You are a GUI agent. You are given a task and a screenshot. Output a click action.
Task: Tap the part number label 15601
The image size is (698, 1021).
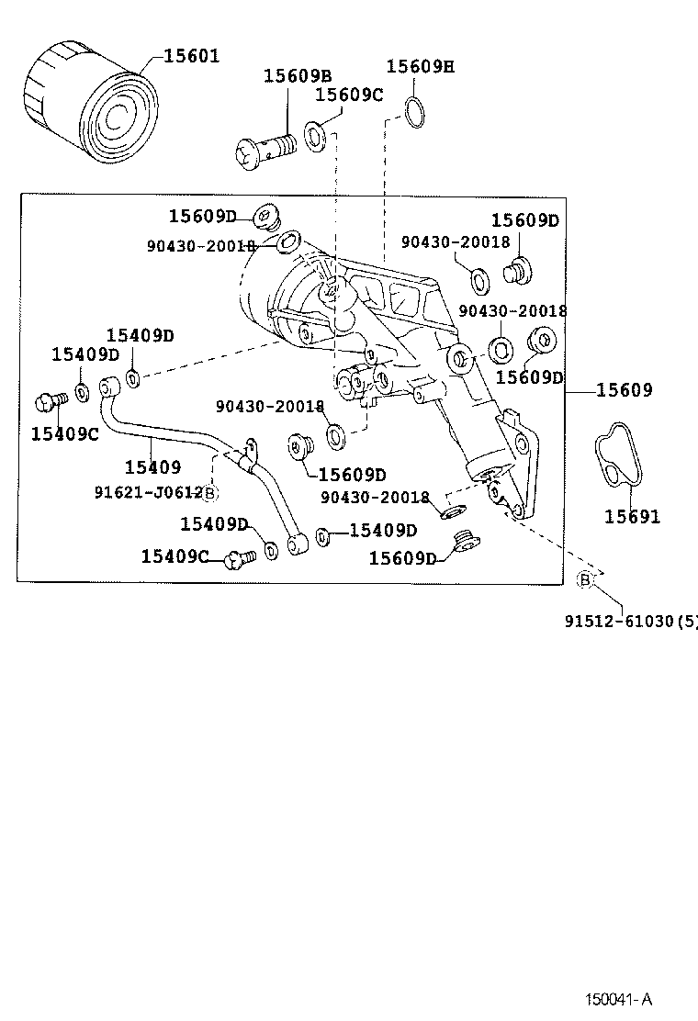point(191,56)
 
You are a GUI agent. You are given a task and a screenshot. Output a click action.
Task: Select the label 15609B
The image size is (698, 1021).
point(298,76)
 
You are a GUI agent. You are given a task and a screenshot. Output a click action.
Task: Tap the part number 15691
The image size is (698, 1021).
point(632,517)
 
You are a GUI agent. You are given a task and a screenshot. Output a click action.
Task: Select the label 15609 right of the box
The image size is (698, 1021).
point(625,390)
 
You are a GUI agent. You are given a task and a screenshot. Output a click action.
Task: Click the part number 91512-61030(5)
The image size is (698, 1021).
point(630,622)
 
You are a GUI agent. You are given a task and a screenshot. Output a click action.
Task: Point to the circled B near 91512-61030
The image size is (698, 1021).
point(584,578)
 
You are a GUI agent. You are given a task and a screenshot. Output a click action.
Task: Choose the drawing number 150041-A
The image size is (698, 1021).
point(621,1000)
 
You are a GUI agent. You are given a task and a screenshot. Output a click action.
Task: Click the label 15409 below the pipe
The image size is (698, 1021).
point(152,467)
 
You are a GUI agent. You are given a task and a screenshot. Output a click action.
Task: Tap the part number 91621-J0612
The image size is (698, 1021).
point(148,492)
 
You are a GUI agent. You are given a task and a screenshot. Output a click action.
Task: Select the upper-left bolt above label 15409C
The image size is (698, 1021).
point(49,401)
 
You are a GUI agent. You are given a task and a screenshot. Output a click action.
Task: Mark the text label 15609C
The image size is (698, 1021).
point(349,95)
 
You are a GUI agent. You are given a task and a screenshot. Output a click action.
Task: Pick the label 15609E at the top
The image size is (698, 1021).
point(420,66)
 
